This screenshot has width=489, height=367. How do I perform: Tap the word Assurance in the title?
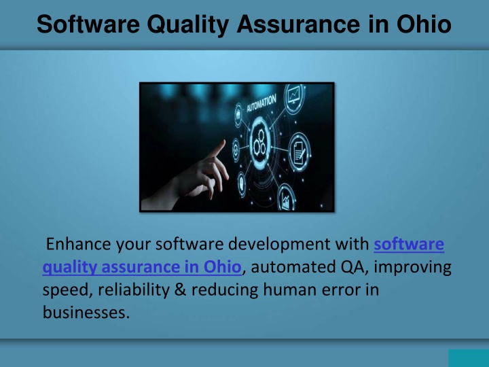pyautogui.click(x=298, y=24)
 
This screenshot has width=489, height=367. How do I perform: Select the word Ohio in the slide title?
pyautogui.click(x=424, y=24)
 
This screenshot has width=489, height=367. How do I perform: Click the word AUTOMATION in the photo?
pyautogui.click(x=261, y=103)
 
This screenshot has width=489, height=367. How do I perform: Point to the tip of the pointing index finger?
pyautogui.click(x=223, y=142)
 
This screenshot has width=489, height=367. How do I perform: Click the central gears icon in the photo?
pyautogui.click(x=259, y=142)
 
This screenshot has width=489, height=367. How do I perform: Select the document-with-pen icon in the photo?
pyautogui.click(x=300, y=152)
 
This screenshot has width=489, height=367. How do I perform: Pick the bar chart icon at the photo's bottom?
pyautogui.click(x=286, y=198)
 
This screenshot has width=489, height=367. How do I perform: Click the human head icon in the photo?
pyautogui.click(x=242, y=183)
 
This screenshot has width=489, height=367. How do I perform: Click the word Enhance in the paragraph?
pyautogui.click(x=78, y=244)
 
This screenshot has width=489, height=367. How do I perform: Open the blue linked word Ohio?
pyautogui.click(x=222, y=267)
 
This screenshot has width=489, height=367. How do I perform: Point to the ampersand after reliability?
pyautogui.click(x=180, y=290)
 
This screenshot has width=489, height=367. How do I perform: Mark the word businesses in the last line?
pyautogui.click(x=86, y=312)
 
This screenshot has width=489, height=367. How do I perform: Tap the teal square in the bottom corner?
pyautogui.click(x=469, y=358)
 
